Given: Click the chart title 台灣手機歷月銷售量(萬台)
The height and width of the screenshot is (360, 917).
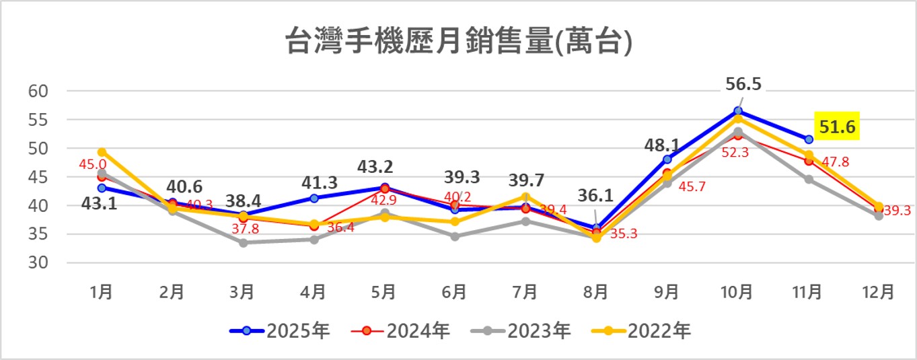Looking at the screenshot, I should pos(458,42).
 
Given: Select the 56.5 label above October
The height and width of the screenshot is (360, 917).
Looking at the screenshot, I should pos(743,84).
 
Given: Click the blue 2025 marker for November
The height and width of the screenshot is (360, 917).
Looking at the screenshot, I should pos(809,139).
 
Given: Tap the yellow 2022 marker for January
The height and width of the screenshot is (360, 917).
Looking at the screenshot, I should pos(102,152).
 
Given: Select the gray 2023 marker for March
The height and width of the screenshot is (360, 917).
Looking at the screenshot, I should pos(243,243).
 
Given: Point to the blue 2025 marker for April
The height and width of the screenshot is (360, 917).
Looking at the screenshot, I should pos(314,198).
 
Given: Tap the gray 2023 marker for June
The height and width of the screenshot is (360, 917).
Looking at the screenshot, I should pos(455,237).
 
